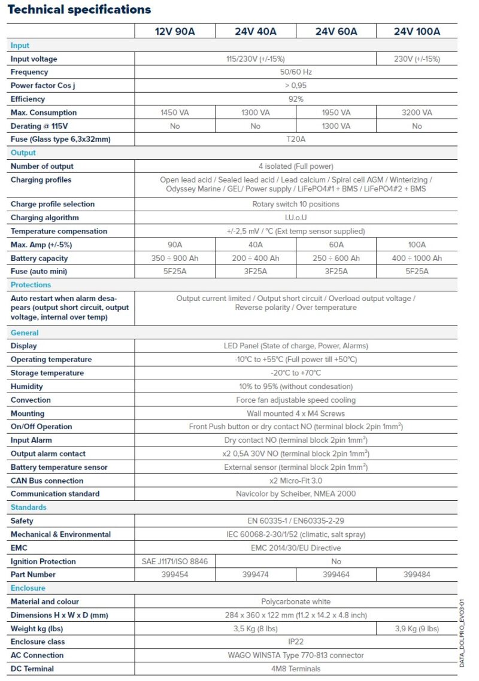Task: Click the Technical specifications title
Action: click(x=79, y=10)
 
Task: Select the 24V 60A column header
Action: click(x=336, y=32)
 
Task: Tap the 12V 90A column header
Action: click(x=175, y=32)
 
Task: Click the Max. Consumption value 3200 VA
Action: click(x=417, y=113)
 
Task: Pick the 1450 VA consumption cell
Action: click(x=175, y=113)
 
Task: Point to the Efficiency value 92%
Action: click(x=296, y=99)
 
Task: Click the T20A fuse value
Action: click(x=296, y=139)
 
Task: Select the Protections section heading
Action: click(x=31, y=285)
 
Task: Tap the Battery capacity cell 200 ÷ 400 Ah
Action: click(x=256, y=259)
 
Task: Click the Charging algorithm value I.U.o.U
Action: click(x=296, y=218)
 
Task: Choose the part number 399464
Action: click(x=336, y=574)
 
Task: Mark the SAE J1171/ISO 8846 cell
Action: click(x=175, y=561)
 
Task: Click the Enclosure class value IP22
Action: click(x=296, y=642)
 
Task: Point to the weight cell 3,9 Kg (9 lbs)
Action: click(x=417, y=628)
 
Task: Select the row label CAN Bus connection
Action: click(x=47, y=481)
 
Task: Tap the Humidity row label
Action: click(x=27, y=387)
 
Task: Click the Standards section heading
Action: click(x=28, y=507)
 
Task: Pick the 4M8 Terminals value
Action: click(x=296, y=668)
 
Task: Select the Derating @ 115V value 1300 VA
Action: click(x=336, y=126)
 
